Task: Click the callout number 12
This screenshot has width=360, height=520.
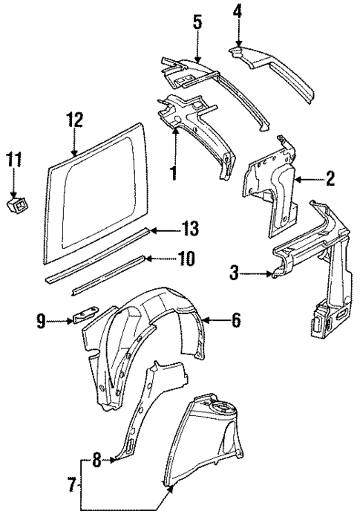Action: pyautogui.click(x=74, y=120)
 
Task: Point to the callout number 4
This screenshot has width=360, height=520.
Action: pyautogui.click(x=238, y=12)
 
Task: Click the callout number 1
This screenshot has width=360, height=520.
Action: pyautogui.click(x=173, y=174)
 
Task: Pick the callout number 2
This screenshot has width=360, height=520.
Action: pyautogui.click(x=330, y=178)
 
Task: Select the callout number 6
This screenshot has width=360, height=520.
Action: pyautogui.click(x=235, y=321)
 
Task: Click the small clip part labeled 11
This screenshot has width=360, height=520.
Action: pyautogui.click(x=16, y=202)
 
